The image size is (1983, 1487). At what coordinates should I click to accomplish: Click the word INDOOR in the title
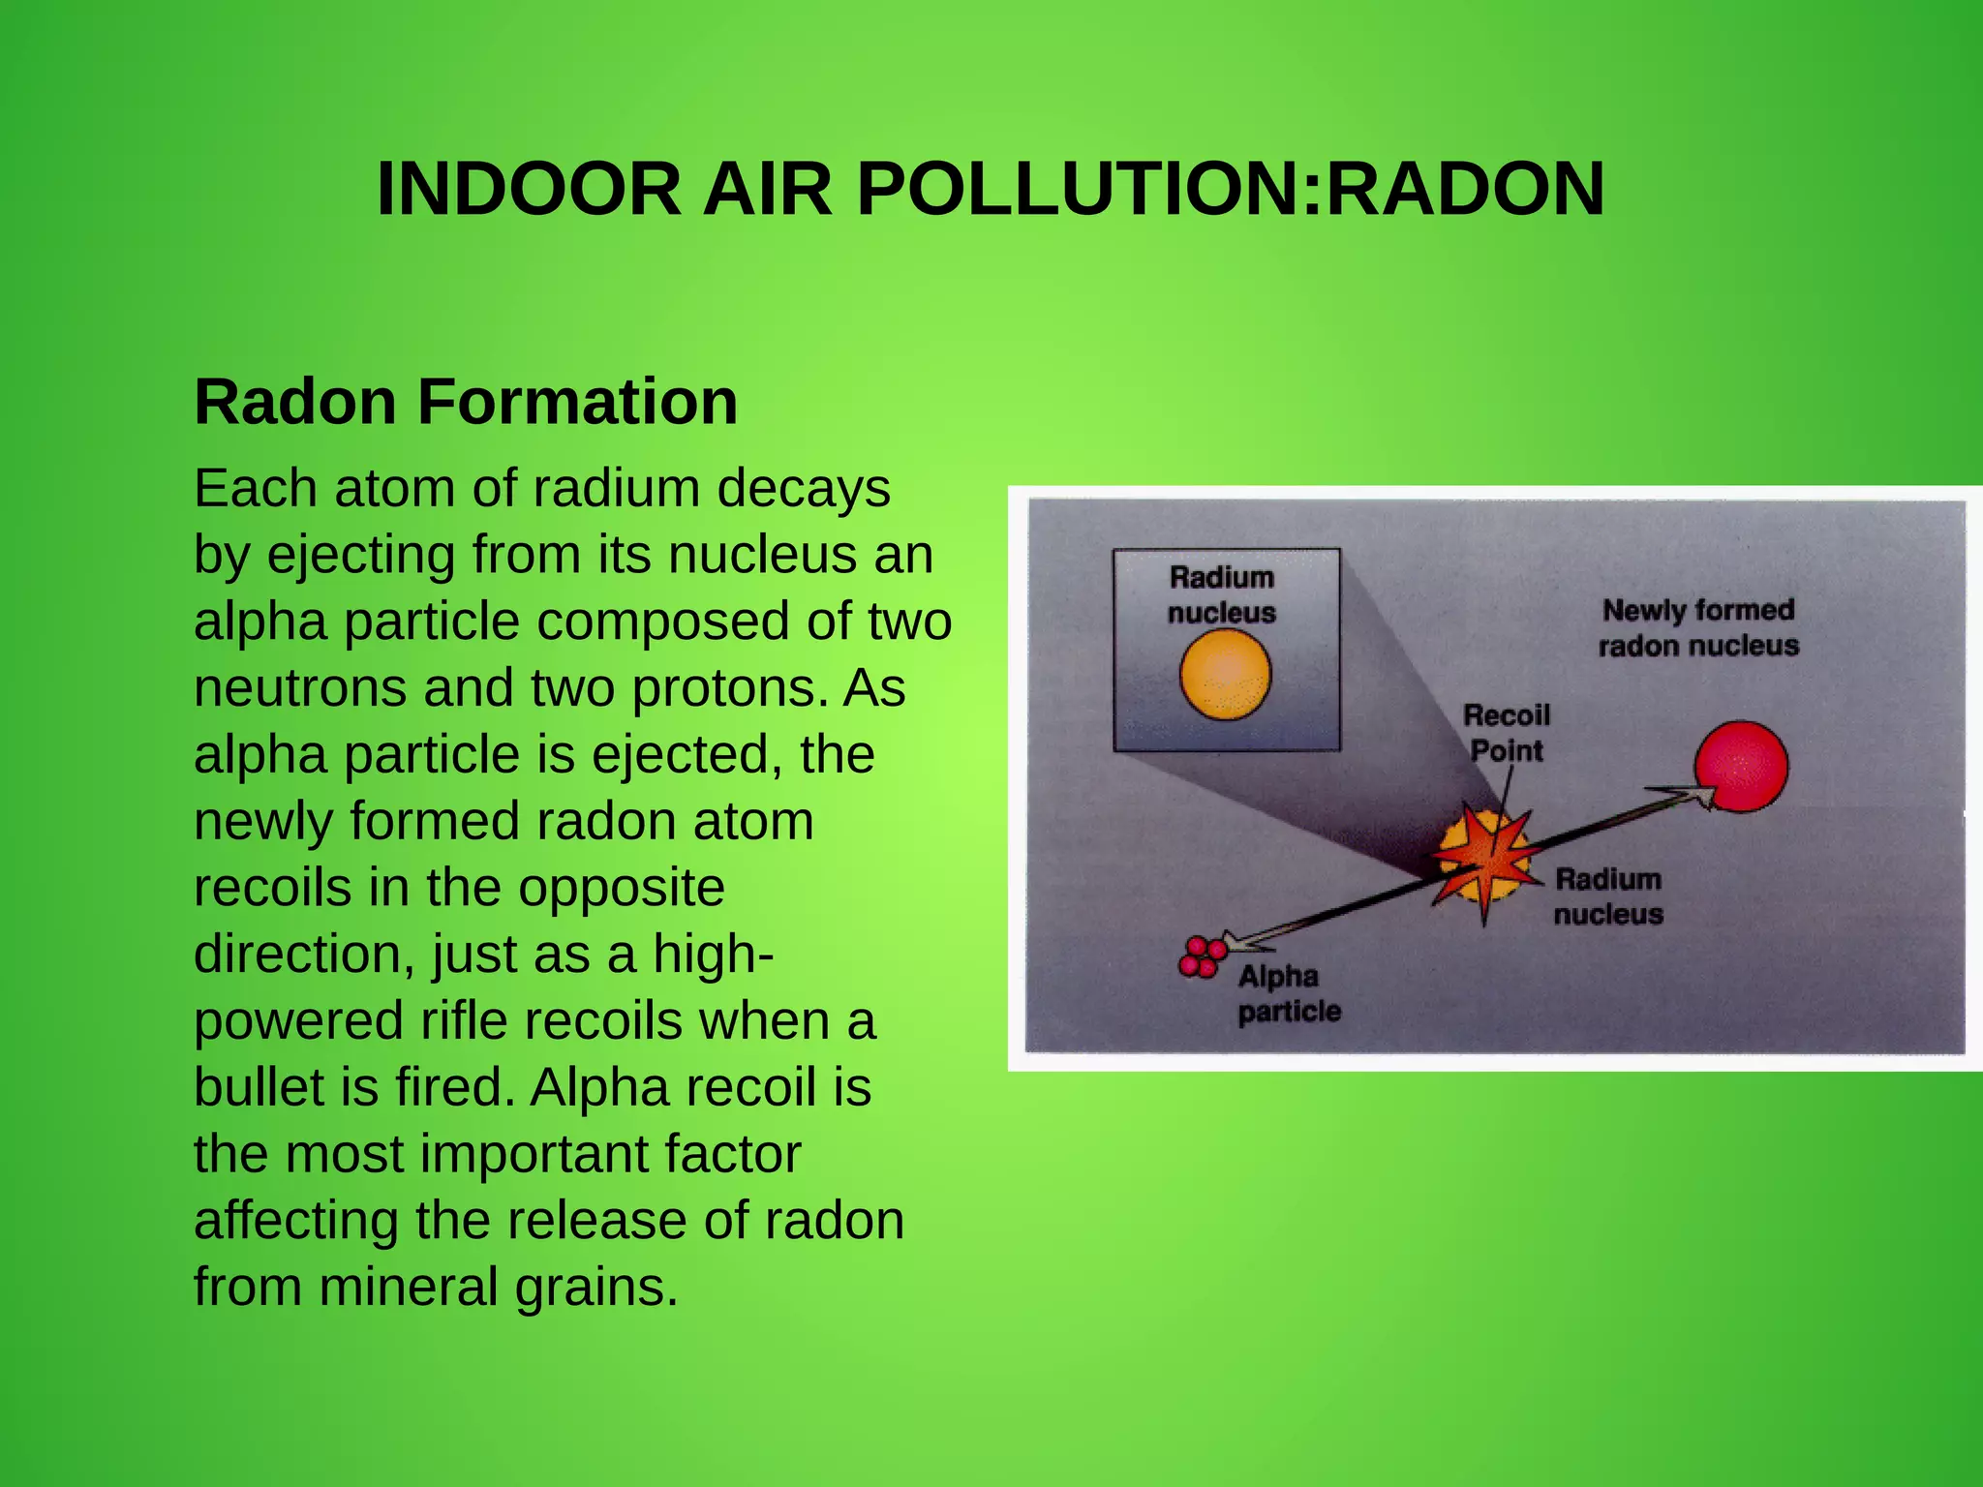tap(529, 189)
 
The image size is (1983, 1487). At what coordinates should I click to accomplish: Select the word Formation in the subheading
tap(577, 402)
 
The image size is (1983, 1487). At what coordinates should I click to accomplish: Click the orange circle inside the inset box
tap(1225, 675)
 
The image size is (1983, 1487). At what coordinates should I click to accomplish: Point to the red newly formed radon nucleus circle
tap(1742, 766)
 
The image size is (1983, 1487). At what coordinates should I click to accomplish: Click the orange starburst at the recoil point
tap(1485, 857)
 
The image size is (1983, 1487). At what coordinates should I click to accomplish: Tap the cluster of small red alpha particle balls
tap(1202, 956)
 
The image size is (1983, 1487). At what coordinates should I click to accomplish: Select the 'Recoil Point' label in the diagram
tap(1507, 733)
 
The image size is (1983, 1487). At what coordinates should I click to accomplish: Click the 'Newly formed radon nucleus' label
tap(1698, 627)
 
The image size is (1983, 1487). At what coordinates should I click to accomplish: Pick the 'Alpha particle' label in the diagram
tap(1288, 993)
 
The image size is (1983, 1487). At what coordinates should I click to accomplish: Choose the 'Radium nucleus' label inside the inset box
tap(1222, 594)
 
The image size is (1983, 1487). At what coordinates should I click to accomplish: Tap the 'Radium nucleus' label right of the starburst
tap(1608, 896)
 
